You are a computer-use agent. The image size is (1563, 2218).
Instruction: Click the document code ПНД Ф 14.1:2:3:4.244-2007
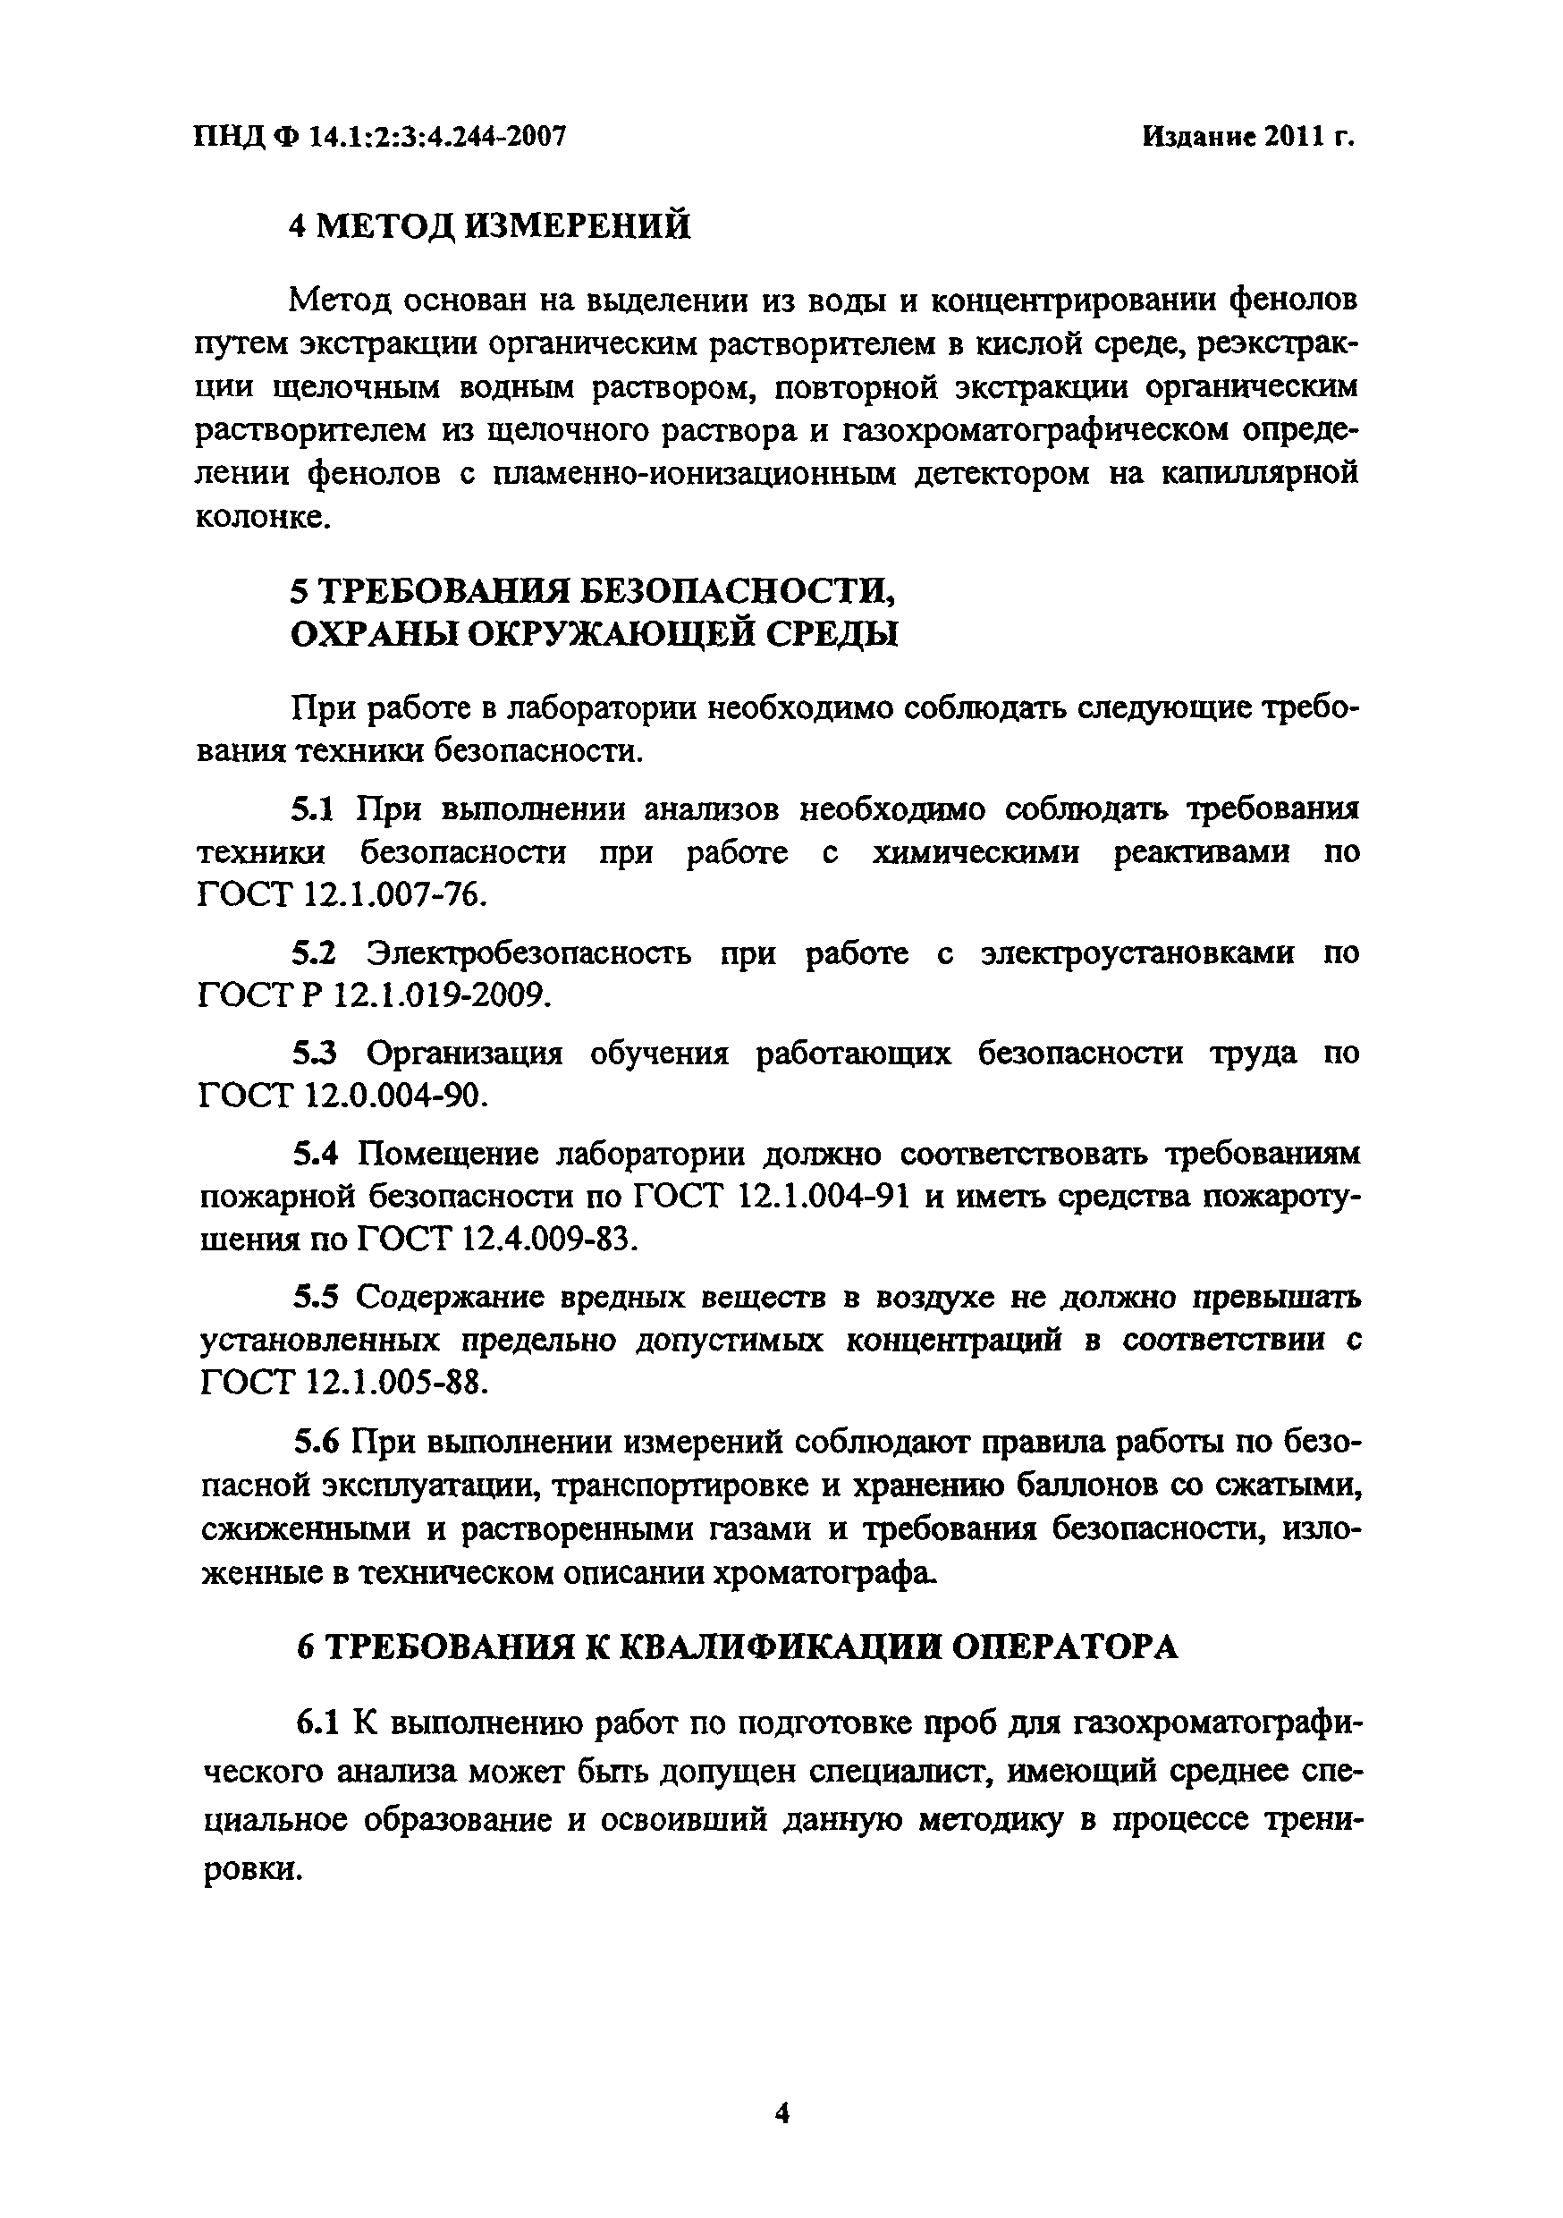click(380, 137)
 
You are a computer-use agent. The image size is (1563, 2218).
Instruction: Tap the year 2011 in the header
click(1294, 137)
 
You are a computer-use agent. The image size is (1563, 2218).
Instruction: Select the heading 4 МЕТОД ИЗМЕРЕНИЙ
click(491, 226)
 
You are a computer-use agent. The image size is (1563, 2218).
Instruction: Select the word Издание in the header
click(1198, 137)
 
